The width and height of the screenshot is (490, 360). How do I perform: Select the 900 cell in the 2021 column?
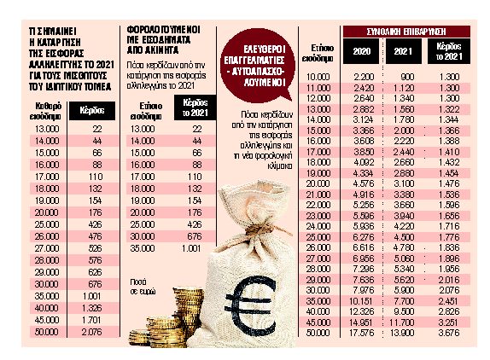pos(406,78)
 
